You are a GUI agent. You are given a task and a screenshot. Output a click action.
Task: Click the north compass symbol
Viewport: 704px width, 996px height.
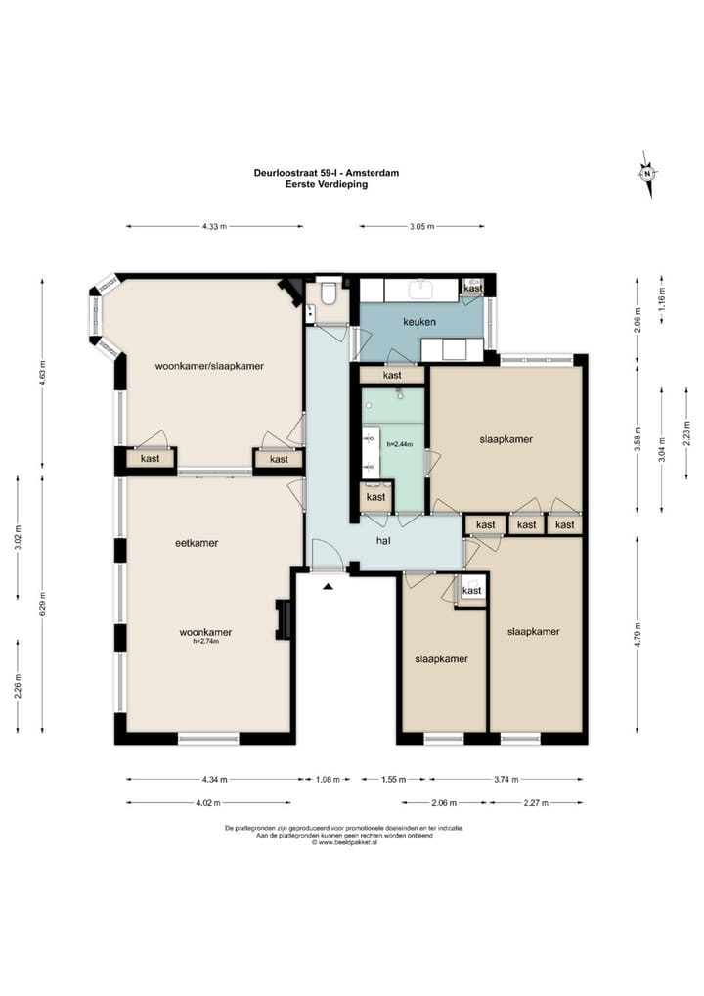pyautogui.click(x=647, y=174)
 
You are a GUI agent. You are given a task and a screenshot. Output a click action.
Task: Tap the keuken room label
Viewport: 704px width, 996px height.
pyautogui.click(x=419, y=322)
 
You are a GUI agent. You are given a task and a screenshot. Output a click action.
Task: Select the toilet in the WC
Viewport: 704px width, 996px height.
pyautogui.click(x=329, y=293)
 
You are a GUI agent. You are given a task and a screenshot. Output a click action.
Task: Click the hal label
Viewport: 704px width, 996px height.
pyautogui.click(x=383, y=541)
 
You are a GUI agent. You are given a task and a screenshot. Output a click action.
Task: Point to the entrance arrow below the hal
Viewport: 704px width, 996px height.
pyautogui.click(x=328, y=587)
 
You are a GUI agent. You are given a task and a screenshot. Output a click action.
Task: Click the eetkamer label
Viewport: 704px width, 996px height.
pyautogui.click(x=197, y=543)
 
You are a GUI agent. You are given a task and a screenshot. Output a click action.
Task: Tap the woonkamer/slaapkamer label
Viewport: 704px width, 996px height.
pyautogui.click(x=209, y=366)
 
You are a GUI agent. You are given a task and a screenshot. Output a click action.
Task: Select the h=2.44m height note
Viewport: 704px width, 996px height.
pyautogui.click(x=400, y=444)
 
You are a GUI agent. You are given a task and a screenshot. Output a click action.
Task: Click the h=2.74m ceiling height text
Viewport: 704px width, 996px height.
pyautogui.click(x=205, y=642)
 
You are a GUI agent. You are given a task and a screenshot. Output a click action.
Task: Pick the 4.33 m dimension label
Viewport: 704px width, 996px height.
pyautogui.click(x=214, y=226)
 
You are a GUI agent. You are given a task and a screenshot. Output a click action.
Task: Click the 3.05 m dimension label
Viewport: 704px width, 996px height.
pyautogui.click(x=421, y=226)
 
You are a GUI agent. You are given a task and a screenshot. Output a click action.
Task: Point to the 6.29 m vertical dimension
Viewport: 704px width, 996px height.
pyautogui.click(x=42, y=604)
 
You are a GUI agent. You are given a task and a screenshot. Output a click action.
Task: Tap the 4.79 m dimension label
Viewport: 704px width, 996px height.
pyautogui.click(x=638, y=634)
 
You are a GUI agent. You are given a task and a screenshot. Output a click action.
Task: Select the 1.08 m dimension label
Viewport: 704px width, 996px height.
pyautogui.click(x=329, y=780)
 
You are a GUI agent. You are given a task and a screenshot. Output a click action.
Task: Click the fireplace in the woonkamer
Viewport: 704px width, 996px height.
pyautogui.click(x=283, y=619)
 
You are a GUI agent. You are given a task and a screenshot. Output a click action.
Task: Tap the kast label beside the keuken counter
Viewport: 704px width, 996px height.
pyautogui.click(x=473, y=288)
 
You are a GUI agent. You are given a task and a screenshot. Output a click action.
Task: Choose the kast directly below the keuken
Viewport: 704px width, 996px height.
pyautogui.click(x=392, y=375)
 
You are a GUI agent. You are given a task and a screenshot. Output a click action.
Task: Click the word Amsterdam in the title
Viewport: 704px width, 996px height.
pyautogui.click(x=374, y=173)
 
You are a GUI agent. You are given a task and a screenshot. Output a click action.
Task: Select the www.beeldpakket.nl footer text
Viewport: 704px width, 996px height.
pyautogui.click(x=345, y=843)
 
